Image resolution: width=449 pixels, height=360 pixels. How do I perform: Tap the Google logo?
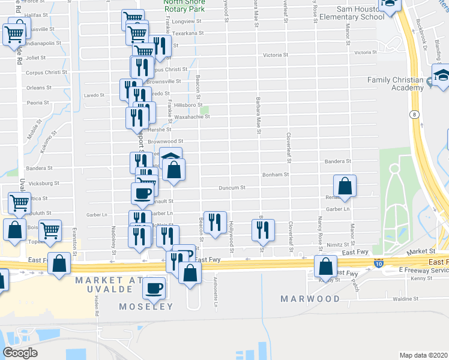coord(20,353)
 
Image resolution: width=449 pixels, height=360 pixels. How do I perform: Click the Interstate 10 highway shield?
coord(378,263)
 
